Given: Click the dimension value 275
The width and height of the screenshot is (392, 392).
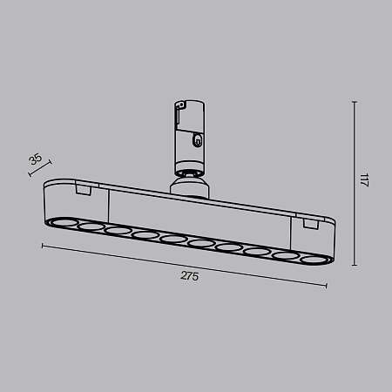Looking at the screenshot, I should tap(190, 276).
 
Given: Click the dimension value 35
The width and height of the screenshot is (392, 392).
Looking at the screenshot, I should tap(35, 159).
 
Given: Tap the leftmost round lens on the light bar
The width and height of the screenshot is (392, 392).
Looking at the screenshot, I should tap(64, 225).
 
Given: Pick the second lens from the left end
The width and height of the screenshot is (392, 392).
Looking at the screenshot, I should tap(91, 228).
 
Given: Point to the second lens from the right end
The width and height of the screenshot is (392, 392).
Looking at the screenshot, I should tap(284, 253).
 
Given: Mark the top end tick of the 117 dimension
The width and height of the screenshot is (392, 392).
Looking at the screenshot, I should tap(354, 102).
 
